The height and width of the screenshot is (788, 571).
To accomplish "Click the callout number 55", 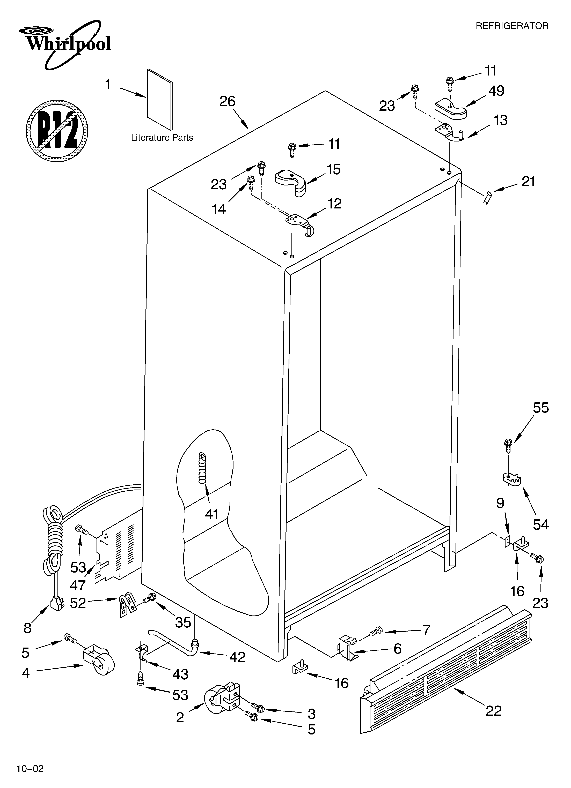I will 541,408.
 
